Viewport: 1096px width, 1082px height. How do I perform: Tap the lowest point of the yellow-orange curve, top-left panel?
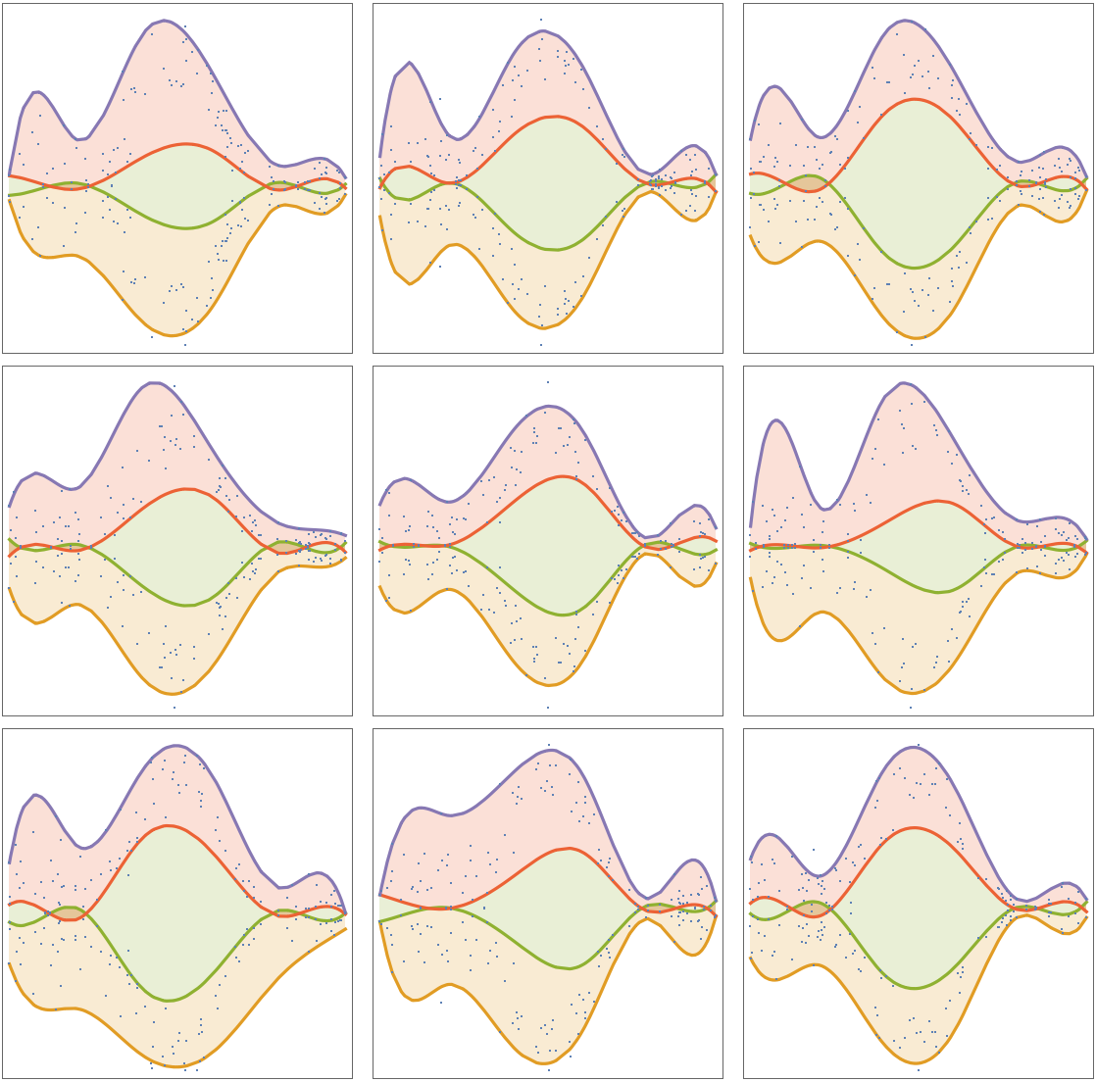tap(173, 335)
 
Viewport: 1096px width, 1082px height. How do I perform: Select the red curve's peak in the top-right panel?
tap(914, 99)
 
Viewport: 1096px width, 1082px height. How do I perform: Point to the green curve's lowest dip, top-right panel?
tap(914, 268)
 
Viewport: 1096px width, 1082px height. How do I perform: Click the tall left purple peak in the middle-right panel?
tap(776, 420)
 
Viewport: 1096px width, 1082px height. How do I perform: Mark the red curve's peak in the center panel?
tap(562, 476)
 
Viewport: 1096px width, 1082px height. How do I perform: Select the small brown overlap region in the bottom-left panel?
tap(69, 913)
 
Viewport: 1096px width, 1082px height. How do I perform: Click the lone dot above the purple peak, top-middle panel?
tap(540, 19)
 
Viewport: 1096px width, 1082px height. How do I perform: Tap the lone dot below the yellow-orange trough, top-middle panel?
tap(540, 345)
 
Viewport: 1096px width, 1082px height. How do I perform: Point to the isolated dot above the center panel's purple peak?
tap(548, 382)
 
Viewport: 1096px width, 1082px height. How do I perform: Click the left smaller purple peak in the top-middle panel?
tap(410, 63)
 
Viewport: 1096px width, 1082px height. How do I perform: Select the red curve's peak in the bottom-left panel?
tap(169, 825)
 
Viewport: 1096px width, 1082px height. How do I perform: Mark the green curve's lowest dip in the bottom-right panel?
tap(915, 988)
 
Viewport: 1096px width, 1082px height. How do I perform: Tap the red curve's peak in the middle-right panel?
tap(938, 502)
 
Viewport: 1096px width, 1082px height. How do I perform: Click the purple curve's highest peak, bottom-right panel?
tap(914, 747)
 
